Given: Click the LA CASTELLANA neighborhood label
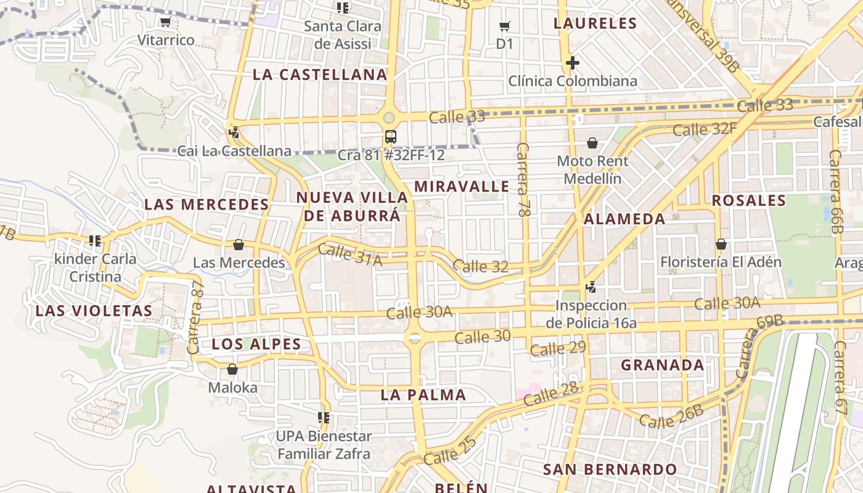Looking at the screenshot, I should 320,75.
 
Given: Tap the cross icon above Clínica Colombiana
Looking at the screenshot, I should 572,63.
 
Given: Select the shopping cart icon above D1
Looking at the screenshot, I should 505,26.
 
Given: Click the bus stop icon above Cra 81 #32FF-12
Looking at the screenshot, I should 390,136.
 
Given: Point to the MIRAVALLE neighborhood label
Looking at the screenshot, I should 462,186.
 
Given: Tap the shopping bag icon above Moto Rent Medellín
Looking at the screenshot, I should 592,143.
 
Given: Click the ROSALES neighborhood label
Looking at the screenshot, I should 749,200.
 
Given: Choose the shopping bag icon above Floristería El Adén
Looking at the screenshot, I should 721,244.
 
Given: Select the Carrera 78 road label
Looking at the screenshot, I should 524,179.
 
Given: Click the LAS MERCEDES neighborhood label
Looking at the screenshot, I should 207,205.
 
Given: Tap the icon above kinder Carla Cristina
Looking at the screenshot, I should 95,240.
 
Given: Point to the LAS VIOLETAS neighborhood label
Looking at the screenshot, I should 94,311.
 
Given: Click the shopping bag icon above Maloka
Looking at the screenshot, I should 232,369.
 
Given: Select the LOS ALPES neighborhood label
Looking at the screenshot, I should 256,344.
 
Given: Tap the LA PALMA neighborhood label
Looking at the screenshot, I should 423,395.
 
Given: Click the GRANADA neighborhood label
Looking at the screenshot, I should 662,365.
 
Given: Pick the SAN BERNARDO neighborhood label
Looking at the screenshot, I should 610,469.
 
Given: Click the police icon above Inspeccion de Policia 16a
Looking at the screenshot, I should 591,287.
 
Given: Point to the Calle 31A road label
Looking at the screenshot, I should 350,255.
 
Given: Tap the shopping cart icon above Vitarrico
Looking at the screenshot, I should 165,22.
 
